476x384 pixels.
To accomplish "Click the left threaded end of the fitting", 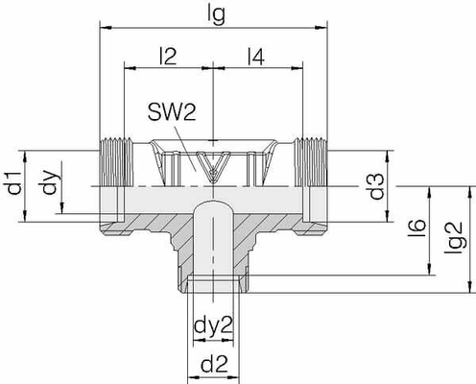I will pos(113,163).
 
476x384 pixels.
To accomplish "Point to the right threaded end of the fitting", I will pos(312,163).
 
